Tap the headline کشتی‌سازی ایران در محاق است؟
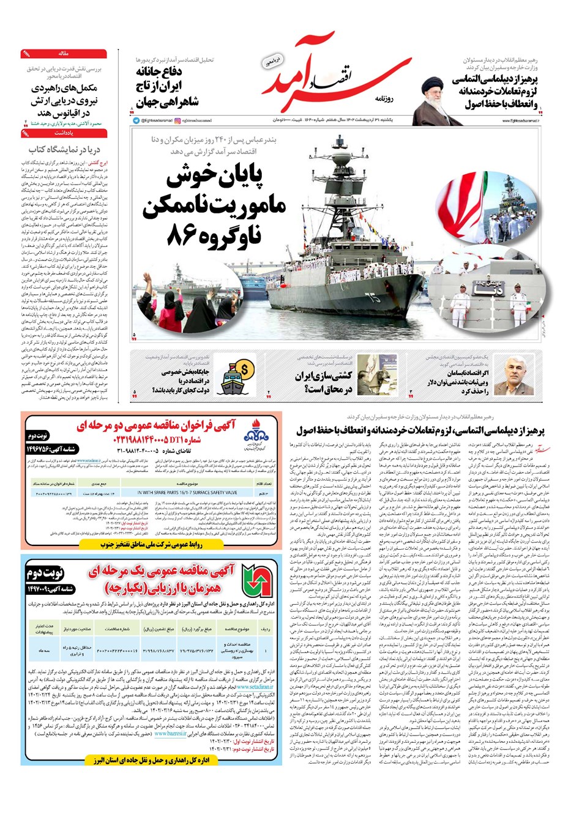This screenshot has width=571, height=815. point(324,382)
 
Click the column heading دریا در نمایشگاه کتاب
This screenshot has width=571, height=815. point(64,149)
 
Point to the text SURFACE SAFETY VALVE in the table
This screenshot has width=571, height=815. point(187,492)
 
